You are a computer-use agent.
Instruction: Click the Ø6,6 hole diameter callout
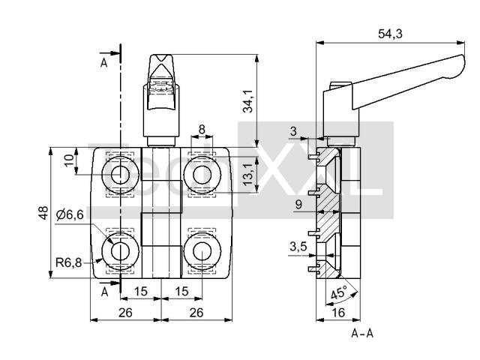(70, 214)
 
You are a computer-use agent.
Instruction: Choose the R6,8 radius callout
(69, 262)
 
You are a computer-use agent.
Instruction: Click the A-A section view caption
(362, 332)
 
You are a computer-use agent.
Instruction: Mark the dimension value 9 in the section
(298, 204)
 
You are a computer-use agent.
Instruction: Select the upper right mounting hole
(201, 175)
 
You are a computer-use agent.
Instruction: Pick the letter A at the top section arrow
(104, 62)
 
